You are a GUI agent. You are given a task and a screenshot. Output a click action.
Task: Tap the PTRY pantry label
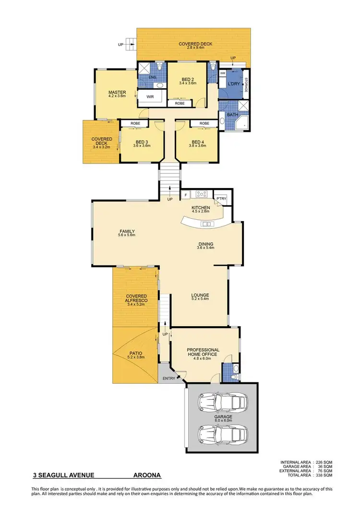pyautogui.click(x=221, y=198)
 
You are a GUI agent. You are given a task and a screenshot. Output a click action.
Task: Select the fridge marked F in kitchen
pyautogui.click(x=186, y=195)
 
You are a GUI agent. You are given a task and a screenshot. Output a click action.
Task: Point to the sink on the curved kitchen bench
pyautogui.click(x=207, y=224)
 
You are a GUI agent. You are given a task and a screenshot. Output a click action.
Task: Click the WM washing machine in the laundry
pyautogui.click(x=223, y=73)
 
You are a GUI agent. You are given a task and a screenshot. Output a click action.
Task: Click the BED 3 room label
pyautogui.click(x=141, y=142)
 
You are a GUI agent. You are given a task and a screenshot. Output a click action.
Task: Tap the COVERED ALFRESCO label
pyautogui.click(x=136, y=298)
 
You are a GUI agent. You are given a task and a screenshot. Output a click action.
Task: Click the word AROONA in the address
pyautogui.click(x=147, y=476)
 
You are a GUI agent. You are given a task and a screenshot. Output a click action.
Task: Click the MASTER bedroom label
pyautogui.click(x=117, y=93)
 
